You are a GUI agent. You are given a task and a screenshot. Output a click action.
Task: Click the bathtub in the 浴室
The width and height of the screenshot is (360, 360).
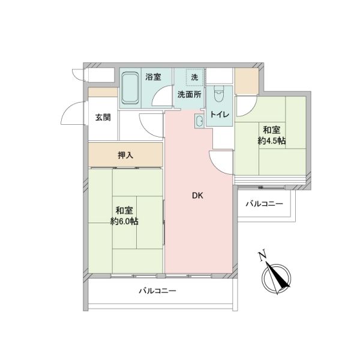(130, 88)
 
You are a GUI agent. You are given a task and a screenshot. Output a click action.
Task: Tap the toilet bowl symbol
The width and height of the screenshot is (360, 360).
(218, 94)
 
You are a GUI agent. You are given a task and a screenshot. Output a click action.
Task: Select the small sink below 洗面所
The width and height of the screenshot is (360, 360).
(199, 121)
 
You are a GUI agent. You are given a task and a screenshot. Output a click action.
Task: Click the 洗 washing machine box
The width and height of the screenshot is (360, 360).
(194, 77)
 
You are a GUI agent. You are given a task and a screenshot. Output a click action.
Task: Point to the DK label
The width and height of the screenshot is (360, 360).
(197, 196)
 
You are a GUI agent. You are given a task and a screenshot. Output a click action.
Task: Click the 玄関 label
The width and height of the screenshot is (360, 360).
(103, 118)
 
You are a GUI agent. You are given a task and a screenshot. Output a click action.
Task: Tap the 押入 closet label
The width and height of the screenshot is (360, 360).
(125, 155)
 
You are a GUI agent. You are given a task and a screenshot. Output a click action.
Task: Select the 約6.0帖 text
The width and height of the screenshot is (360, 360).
(124, 221)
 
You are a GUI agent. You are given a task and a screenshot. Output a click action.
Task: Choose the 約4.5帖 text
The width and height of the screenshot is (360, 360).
(272, 141)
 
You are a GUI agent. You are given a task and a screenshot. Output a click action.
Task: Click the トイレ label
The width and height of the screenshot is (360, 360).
(220, 115)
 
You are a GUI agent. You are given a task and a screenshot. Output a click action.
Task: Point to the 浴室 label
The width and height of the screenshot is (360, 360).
(153, 77)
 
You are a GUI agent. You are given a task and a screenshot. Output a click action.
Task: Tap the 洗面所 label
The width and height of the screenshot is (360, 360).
(190, 95)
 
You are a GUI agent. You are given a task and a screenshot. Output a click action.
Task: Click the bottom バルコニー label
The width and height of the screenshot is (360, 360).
(157, 291)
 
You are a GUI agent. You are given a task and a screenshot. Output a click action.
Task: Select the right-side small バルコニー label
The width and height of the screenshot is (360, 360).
(264, 203)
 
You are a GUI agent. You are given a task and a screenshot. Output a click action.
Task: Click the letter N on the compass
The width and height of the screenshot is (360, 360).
(262, 256)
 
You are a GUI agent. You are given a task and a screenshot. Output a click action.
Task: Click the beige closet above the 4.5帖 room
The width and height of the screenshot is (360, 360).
(247, 81)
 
